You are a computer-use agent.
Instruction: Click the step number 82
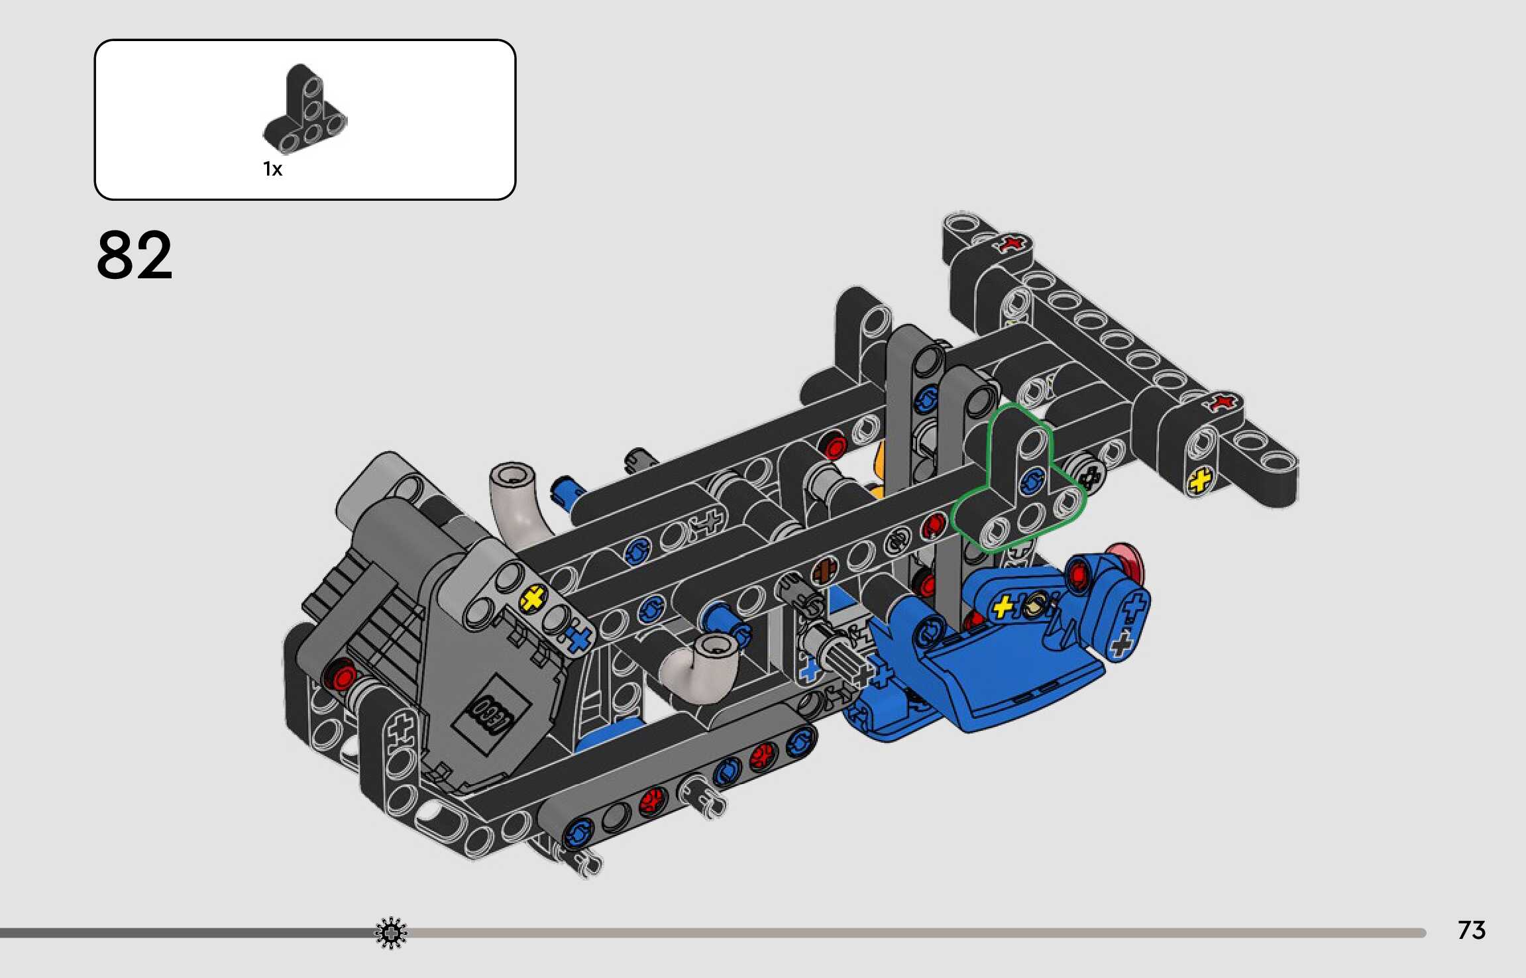135,255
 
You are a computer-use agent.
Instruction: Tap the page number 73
1471,930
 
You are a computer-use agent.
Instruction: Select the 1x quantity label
272,170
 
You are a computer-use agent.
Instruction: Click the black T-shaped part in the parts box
305,109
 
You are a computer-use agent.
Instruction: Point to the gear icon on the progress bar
391,933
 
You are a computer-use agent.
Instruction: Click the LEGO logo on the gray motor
490,714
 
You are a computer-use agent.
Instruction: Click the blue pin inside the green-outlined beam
1032,482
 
